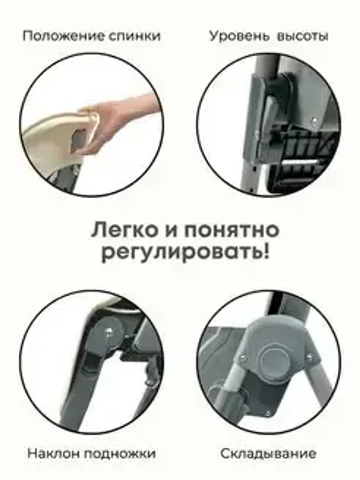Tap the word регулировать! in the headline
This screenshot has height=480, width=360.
pos(185,254)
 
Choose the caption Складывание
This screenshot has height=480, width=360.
pos(268,453)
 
